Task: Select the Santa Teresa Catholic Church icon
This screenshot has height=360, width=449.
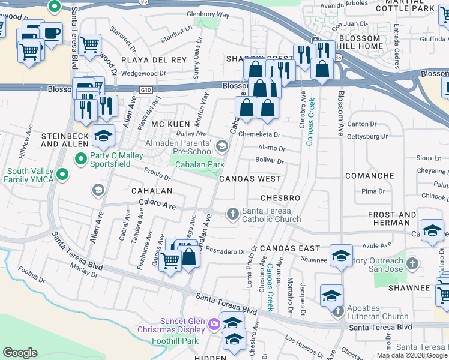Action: (233, 213)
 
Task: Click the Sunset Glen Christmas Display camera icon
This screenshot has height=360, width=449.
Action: (214, 325)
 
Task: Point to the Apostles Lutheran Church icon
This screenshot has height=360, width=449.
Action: (338, 310)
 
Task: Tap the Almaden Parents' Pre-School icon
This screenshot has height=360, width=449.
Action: (222, 146)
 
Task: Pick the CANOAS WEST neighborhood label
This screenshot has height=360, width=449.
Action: (250, 179)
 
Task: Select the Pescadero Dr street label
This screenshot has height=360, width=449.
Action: (225, 251)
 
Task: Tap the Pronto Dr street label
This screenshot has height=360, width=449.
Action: (158, 175)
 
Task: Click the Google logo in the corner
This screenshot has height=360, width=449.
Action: (20, 353)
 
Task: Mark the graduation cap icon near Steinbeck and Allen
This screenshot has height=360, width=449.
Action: (103, 136)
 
